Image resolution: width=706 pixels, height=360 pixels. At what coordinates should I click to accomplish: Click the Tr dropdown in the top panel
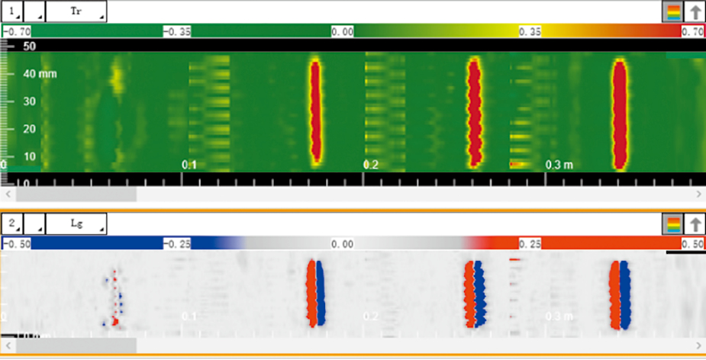[x=76, y=11]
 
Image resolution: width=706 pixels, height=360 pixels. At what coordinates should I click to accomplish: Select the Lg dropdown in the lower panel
[x=76, y=223]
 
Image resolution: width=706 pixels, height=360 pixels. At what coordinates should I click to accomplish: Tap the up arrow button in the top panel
[x=695, y=11]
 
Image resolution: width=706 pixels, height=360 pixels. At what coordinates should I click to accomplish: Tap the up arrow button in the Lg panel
[x=695, y=223]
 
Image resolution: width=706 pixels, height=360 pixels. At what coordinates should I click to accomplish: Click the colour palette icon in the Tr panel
[x=672, y=11]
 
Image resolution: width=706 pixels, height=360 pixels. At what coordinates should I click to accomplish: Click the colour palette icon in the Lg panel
[x=672, y=223]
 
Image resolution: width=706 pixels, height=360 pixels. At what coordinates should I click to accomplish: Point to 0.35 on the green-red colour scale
[x=530, y=32]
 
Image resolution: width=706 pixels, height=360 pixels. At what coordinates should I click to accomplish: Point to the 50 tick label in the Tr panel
[x=30, y=46]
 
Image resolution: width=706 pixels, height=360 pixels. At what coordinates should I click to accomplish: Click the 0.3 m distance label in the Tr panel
[x=559, y=165]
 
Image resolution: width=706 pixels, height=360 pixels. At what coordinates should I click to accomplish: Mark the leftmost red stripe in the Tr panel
[x=316, y=112]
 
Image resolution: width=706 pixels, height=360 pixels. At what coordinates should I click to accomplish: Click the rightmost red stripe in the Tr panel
[x=620, y=114]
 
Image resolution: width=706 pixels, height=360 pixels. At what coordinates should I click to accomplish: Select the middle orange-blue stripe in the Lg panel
[x=475, y=294]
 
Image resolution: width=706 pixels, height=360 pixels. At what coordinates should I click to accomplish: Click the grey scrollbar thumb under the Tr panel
[x=76, y=195]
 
